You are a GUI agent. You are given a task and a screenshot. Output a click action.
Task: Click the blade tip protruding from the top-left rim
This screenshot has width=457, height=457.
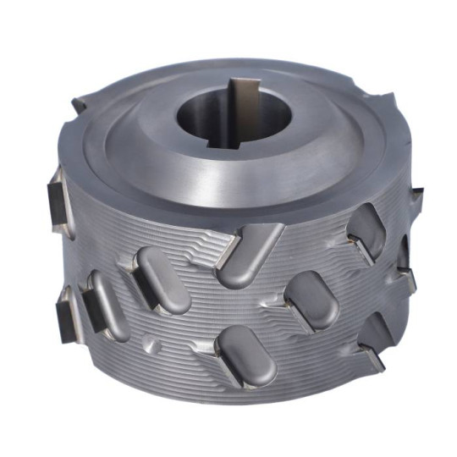pos(79,106)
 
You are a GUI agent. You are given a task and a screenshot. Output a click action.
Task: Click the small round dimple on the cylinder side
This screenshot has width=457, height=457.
pos(152,346)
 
